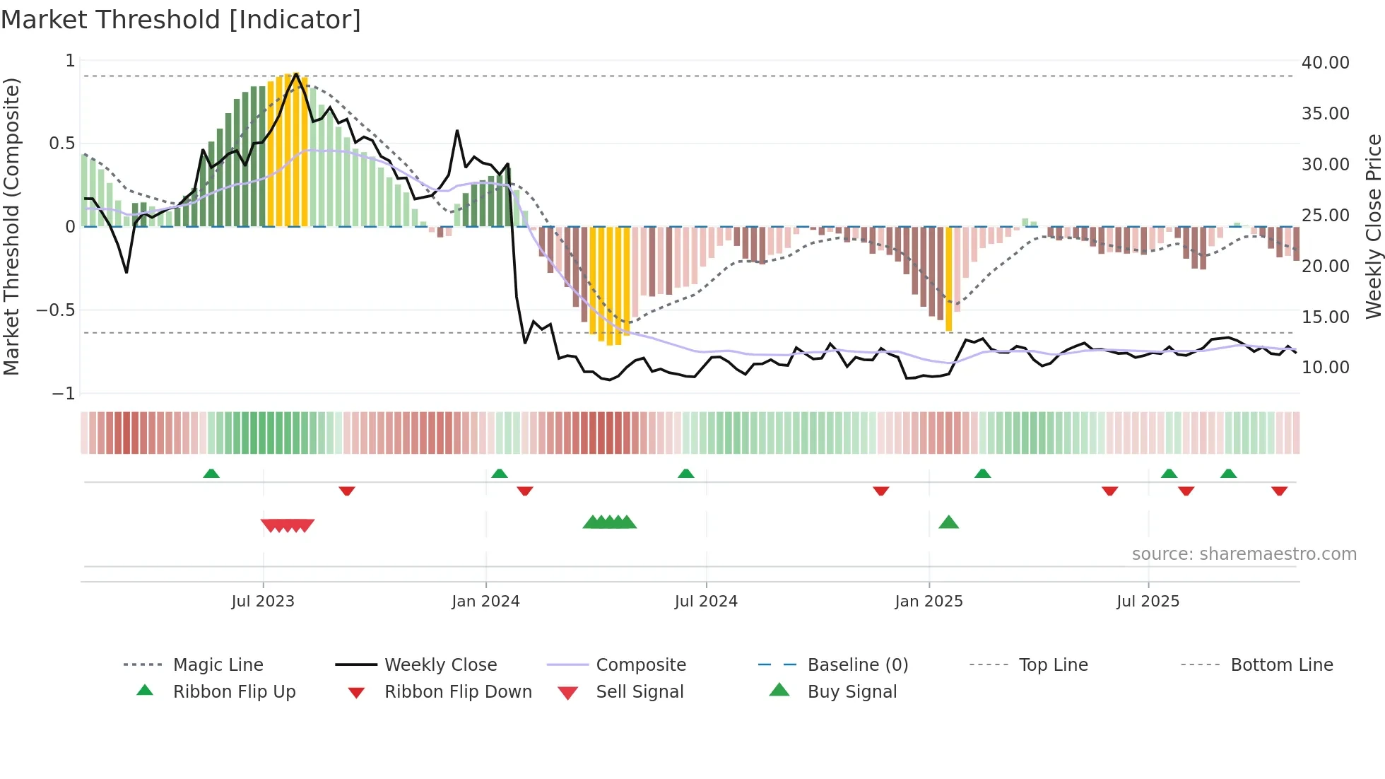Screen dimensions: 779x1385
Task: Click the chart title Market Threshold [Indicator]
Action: tap(181, 19)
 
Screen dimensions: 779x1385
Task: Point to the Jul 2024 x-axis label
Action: tap(706, 601)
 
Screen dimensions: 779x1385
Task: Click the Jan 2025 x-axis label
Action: tap(929, 601)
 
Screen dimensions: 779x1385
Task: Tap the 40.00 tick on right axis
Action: tap(1325, 62)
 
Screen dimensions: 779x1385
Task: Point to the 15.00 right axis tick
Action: tap(1325, 317)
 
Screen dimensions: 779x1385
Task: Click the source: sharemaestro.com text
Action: tap(1244, 553)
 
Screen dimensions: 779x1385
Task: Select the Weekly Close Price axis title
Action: tap(1373, 226)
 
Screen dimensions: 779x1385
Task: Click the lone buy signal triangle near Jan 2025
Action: tap(948, 522)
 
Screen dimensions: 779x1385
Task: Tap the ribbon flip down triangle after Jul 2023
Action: tap(346, 491)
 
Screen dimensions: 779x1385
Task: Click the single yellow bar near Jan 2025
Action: tap(948, 279)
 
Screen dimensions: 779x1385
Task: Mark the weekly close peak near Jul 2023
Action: tap(296, 74)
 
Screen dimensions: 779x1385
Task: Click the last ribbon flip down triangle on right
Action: tap(1279, 491)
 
